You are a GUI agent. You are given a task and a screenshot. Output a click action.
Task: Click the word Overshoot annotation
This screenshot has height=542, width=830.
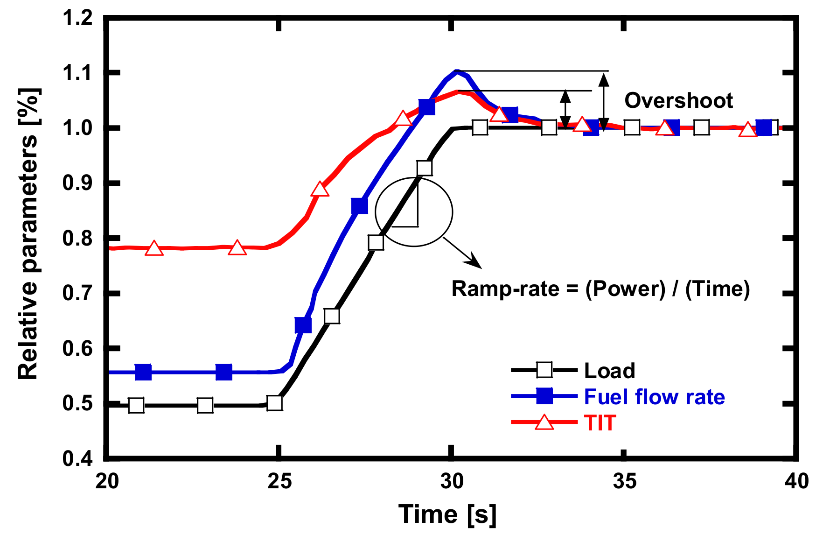[678, 100]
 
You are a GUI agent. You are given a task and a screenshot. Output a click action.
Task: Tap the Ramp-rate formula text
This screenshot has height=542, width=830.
[600, 289]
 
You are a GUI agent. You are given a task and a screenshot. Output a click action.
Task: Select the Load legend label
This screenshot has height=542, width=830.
[609, 371]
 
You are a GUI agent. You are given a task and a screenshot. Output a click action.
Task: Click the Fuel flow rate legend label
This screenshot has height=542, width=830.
[654, 397]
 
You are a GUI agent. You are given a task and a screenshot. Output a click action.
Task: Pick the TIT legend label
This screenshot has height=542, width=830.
[600, 423]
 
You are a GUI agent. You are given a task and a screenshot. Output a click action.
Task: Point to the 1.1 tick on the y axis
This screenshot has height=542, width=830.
[77, 73]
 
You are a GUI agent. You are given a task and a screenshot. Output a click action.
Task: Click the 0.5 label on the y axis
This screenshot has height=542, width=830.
[77, 404]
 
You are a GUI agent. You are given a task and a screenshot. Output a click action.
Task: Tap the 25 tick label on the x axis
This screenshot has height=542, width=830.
[279, 481]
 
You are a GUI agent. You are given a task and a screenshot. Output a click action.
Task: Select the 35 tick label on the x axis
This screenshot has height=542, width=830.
[624, 481]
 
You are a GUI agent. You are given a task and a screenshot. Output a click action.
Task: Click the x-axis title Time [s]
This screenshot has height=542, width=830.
[447, 514]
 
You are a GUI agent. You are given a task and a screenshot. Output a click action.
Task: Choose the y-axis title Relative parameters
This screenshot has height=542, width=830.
[28, 233]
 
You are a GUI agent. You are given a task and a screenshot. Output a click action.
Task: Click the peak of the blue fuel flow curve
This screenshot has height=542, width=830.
[457, 71]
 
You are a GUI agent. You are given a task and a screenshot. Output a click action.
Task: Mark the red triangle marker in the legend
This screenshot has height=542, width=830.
[544, 422]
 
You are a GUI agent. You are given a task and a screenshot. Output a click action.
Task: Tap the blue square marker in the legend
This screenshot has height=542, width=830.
[544, 396]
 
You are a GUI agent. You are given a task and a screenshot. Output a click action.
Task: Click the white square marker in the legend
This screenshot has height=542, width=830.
[544, 370]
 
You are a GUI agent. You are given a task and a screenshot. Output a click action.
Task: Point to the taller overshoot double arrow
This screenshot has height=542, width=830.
[604, 102]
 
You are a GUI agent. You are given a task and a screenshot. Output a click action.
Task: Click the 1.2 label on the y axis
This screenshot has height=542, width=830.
[77, 18]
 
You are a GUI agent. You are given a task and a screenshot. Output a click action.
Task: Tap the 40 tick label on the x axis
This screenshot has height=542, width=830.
[796, 481]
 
